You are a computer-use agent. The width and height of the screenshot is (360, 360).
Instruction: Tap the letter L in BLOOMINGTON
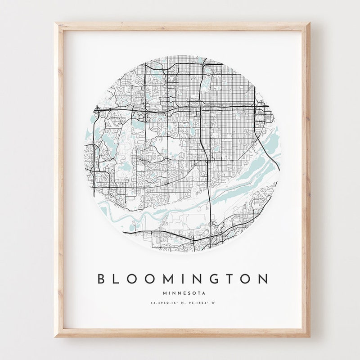pos(118,279)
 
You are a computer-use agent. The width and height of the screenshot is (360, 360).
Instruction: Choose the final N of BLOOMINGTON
pos(263,279)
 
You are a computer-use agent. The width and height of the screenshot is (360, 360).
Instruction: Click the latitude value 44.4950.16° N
pos(166,303)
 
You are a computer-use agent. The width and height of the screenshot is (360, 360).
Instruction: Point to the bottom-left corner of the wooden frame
pos(55,337)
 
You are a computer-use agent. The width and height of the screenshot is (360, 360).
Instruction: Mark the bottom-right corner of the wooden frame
pos(310,337)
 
